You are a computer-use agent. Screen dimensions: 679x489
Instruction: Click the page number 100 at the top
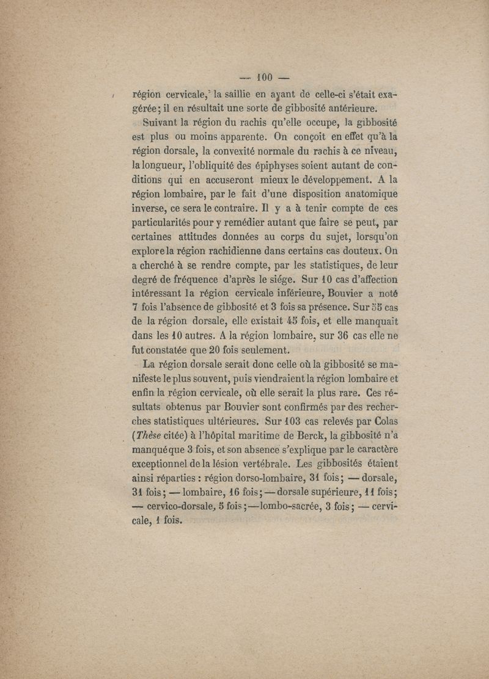point(264,78)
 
